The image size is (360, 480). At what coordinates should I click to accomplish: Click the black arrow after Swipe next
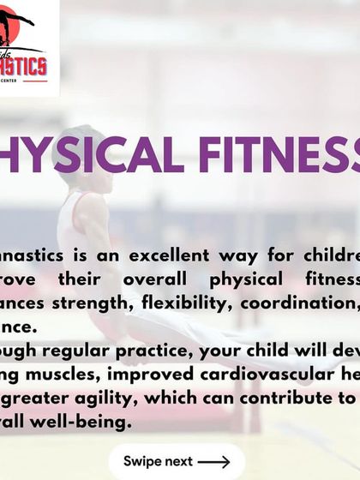(213, 461)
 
